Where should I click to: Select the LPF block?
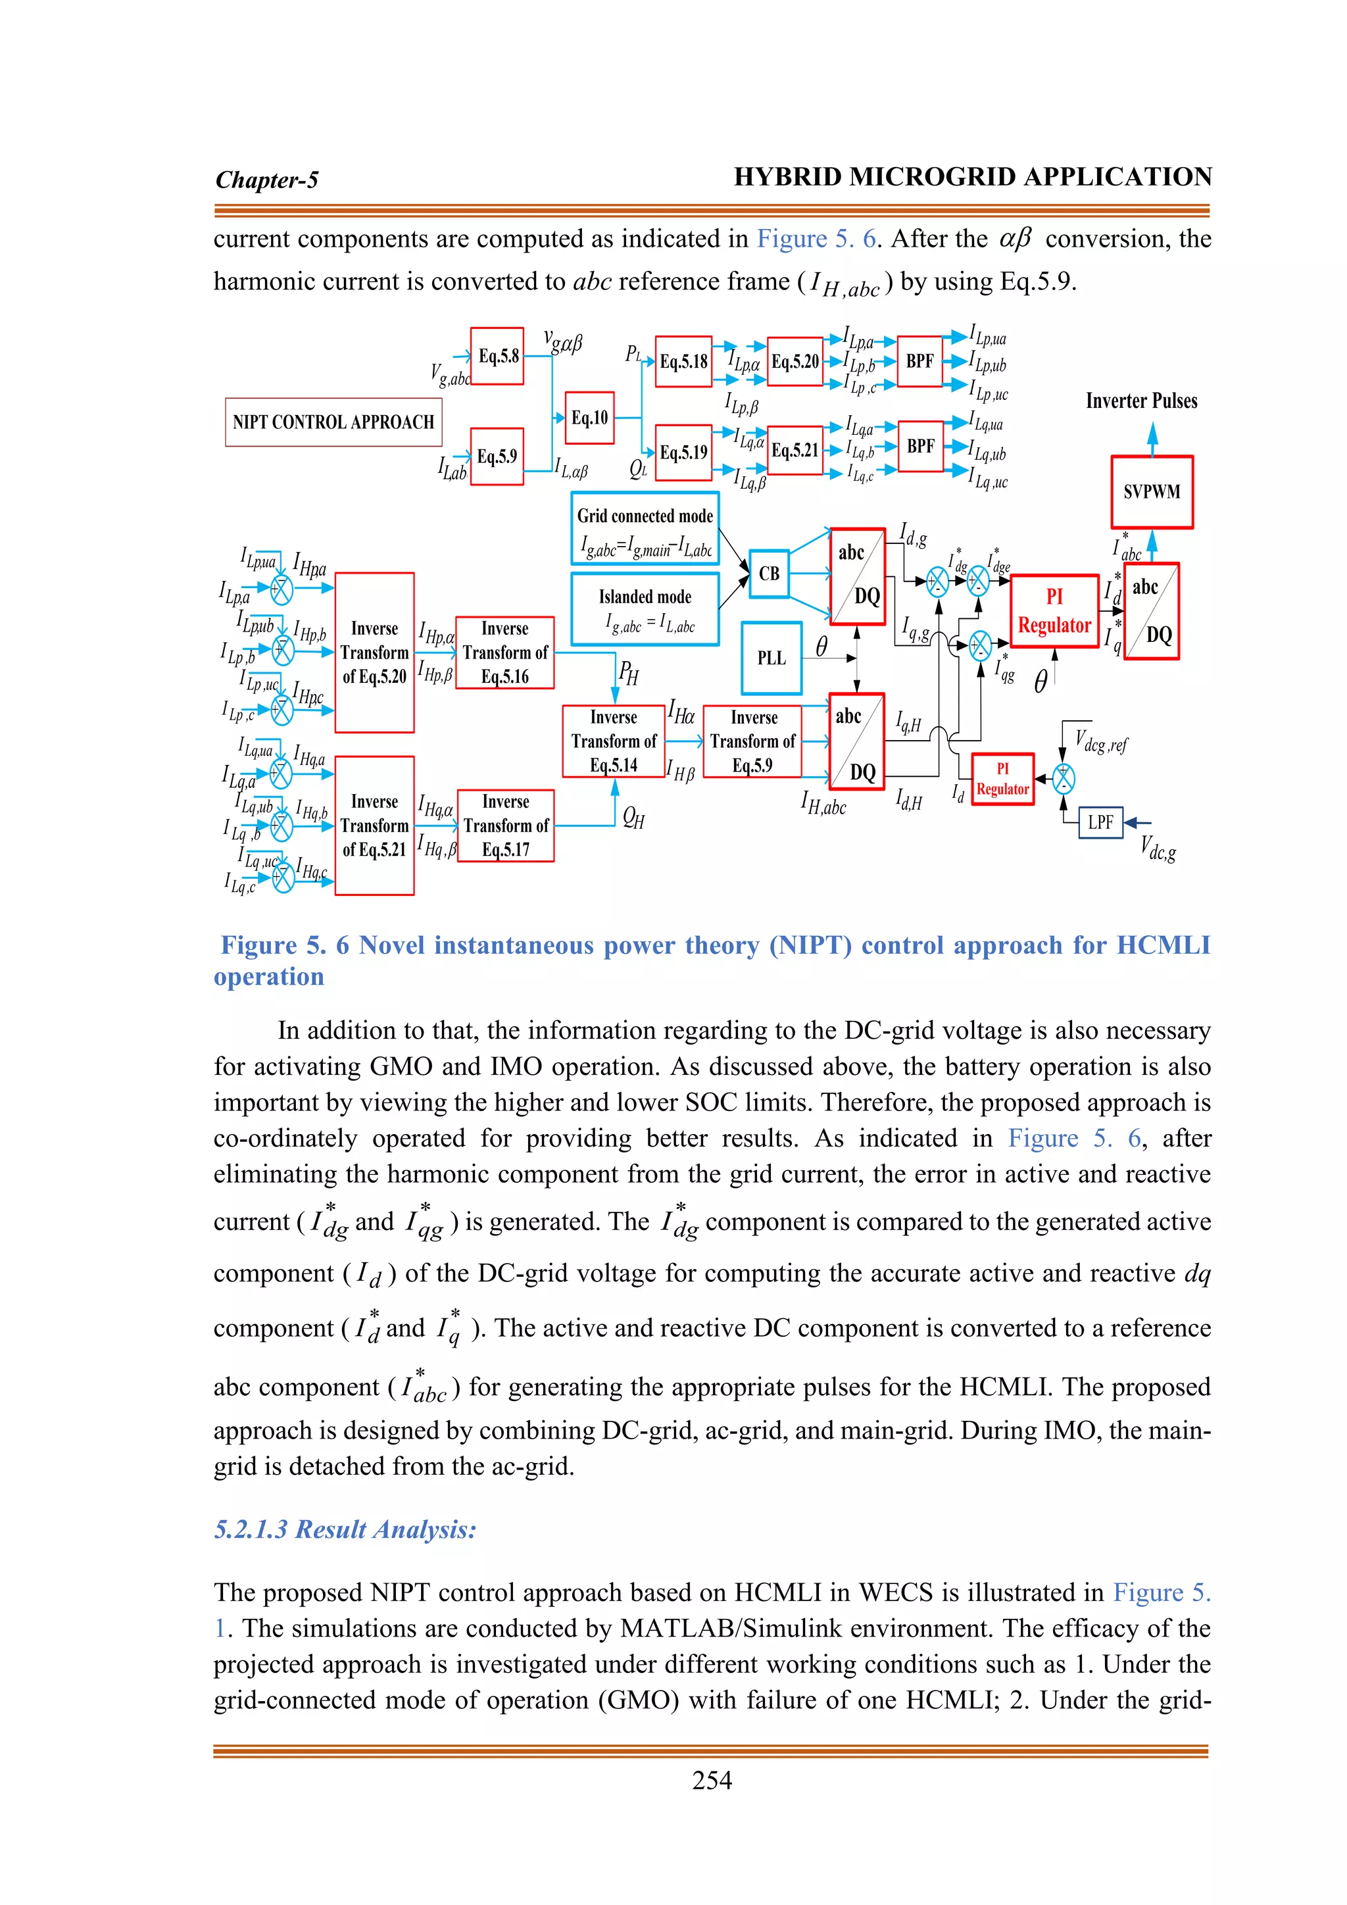[1100, 822]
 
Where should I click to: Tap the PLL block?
[771, 658]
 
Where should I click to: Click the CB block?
[769, 574]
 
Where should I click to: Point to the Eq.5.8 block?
[497, 356]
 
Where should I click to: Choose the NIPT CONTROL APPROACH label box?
[333, 422]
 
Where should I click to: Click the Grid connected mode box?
[645, 528]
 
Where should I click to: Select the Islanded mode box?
[645, 609]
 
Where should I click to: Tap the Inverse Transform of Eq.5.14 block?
[613, 741]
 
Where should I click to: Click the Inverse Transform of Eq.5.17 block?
[505, 826]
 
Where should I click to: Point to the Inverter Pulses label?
[1141, 401]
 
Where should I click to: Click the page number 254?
[712, 1780]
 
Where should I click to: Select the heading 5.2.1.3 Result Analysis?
[345, 1529]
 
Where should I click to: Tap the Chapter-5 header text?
[266, 179]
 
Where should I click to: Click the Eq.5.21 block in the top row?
[795, 451]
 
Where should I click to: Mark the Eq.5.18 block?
[683, 362]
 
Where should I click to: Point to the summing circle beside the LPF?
[1064, 778]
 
